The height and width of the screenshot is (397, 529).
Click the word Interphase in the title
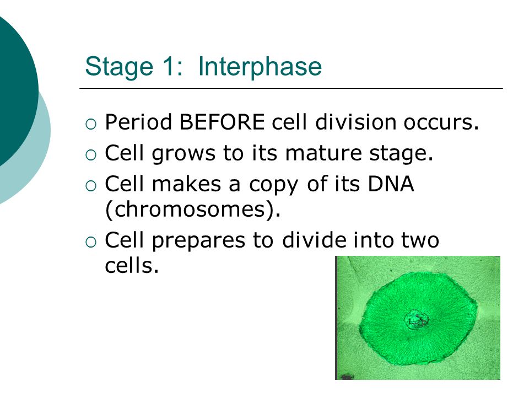[260, 66]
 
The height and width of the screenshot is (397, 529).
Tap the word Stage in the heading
[119, 67]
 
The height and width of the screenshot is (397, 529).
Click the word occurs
[441, 122]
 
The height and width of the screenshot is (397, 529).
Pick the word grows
[183, 154]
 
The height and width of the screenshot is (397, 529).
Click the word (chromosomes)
[193, 210]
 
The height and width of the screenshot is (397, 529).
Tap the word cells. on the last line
[132, 265]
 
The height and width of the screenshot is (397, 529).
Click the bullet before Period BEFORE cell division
[91, 124]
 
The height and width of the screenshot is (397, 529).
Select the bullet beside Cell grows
[91, 155]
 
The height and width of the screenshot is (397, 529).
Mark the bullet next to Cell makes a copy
[91, 186]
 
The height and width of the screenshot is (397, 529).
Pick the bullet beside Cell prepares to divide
[91, 242]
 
